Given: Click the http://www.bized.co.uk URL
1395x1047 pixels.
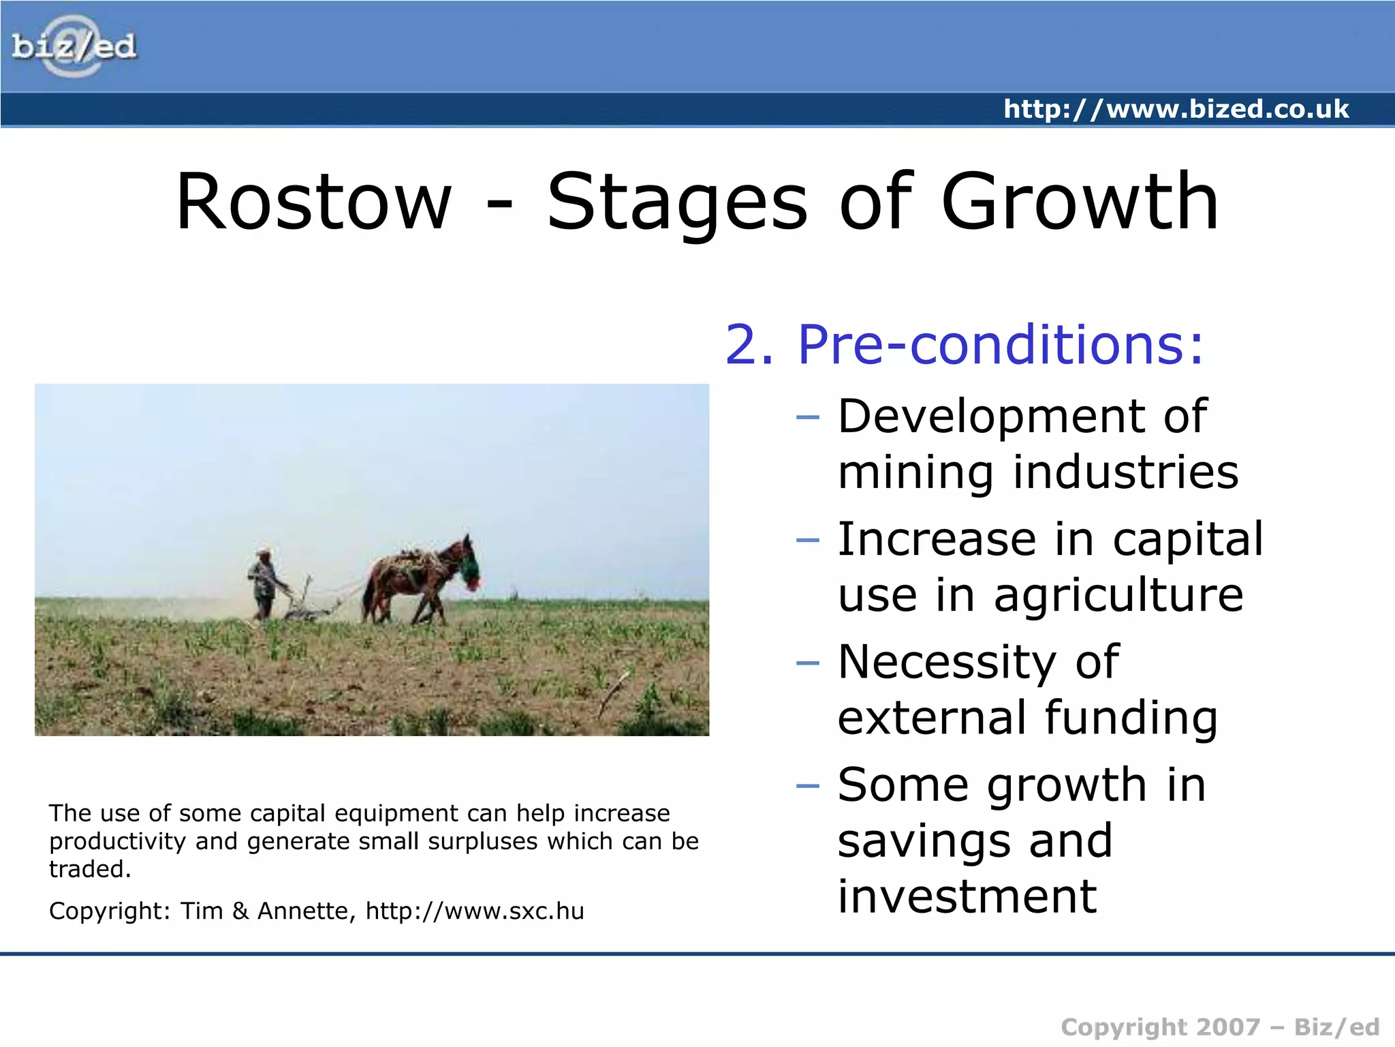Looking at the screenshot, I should [x=1176, y=109].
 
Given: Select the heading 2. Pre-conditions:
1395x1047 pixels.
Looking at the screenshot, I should [x=965, y=344].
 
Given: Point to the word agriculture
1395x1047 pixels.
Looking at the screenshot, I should [x=1118, y=595].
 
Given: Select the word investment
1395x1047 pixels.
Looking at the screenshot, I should [x=967, y=896].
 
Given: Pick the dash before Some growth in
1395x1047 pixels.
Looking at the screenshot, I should [x=807, y=786].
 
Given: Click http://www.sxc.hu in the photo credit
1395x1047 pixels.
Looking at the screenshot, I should [x=475, y=911].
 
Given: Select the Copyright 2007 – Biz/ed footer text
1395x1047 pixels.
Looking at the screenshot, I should [x=1219, y=1027].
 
